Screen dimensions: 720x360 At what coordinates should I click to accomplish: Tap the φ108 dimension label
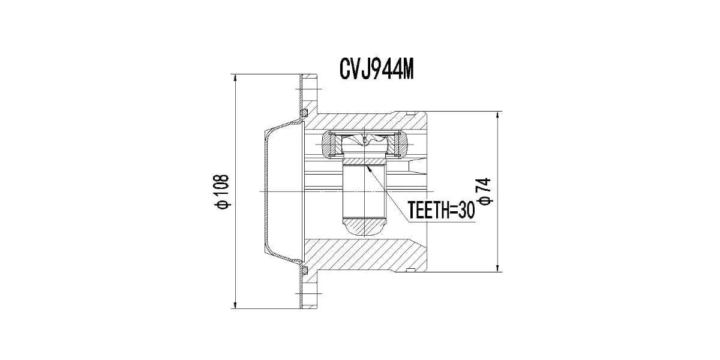click(221, 191)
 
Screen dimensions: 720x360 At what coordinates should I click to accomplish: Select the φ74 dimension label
click(485, 191)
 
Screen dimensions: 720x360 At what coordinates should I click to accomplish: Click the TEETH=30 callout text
click(441, 210)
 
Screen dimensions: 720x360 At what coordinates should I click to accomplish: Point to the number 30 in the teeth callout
click(466, 210)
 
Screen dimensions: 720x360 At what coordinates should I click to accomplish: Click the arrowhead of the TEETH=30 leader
click(368, 167)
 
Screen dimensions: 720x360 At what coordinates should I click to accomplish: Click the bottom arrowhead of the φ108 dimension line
click(236, 304)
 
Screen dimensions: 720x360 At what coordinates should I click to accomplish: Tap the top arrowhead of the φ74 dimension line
click(497, 116)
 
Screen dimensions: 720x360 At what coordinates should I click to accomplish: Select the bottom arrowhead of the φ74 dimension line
click(497, 268)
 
